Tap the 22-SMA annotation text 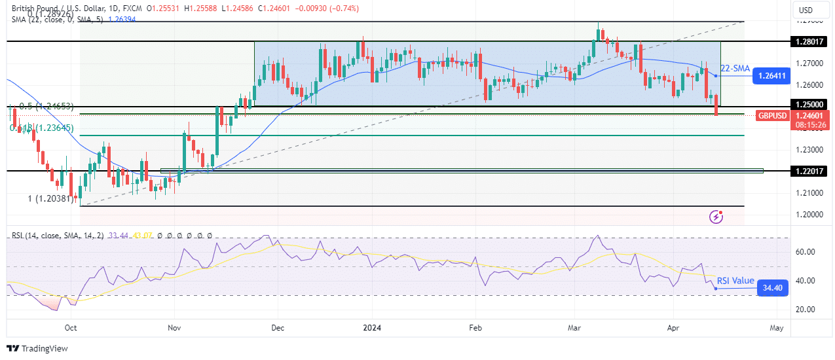(x=734, y=68)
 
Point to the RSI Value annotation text (x=735, y=281)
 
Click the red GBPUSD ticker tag (x=772, y=116)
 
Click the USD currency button (x=806, y=10)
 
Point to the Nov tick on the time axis (x=174, y=327)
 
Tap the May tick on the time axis (x=777, y=327)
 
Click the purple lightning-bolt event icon (x=717, y=216)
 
